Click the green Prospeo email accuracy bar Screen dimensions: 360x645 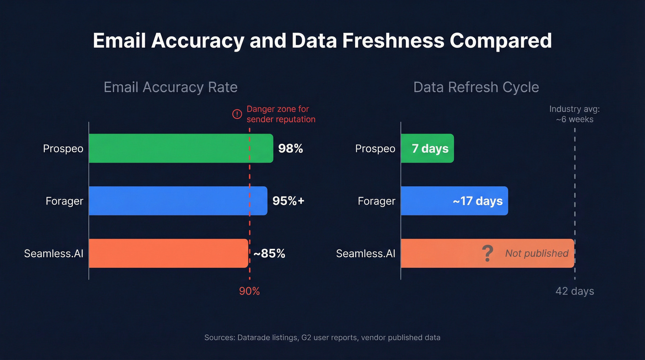pyautogui.click(x=181, y=148)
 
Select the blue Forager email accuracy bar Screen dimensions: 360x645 pyautogui.click(x=178, y=201)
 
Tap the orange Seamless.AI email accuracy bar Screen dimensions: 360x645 pyautogui.click(x=168, y=253)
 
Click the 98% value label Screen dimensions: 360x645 pyautogui.click(x=291, y=148)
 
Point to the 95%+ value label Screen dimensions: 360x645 pyautogui.click(x=288, y=201)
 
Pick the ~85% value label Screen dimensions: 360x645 pyautogui.click(x=269, y=254)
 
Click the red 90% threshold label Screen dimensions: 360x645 pyautogui.click(x=249, y=291)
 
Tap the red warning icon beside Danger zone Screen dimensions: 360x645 pyautogui.click(x=237, y=114)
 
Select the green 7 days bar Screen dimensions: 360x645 pyautogui.click(x=427, y=148)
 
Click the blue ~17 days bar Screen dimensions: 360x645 pyautogui.click(x=454, y=201)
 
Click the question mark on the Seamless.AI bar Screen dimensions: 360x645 pyautogui.click(x=487, y=254)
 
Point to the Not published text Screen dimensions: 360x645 pyautogui.click(x=537, y=254)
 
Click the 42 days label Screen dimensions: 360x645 pyautogui.click(x=575, y=291)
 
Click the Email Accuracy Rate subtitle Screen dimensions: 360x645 pyautogui.click(x=170, y=87)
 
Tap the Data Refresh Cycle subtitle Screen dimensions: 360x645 pyautogui.click(x=476, y=87)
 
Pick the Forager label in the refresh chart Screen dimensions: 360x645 pyautogui.click(x=376, y=201)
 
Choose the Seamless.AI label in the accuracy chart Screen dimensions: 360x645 pyautogui.click(x=53, y=254)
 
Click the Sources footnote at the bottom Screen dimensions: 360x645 pyautogui.click(x=322, y=337)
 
